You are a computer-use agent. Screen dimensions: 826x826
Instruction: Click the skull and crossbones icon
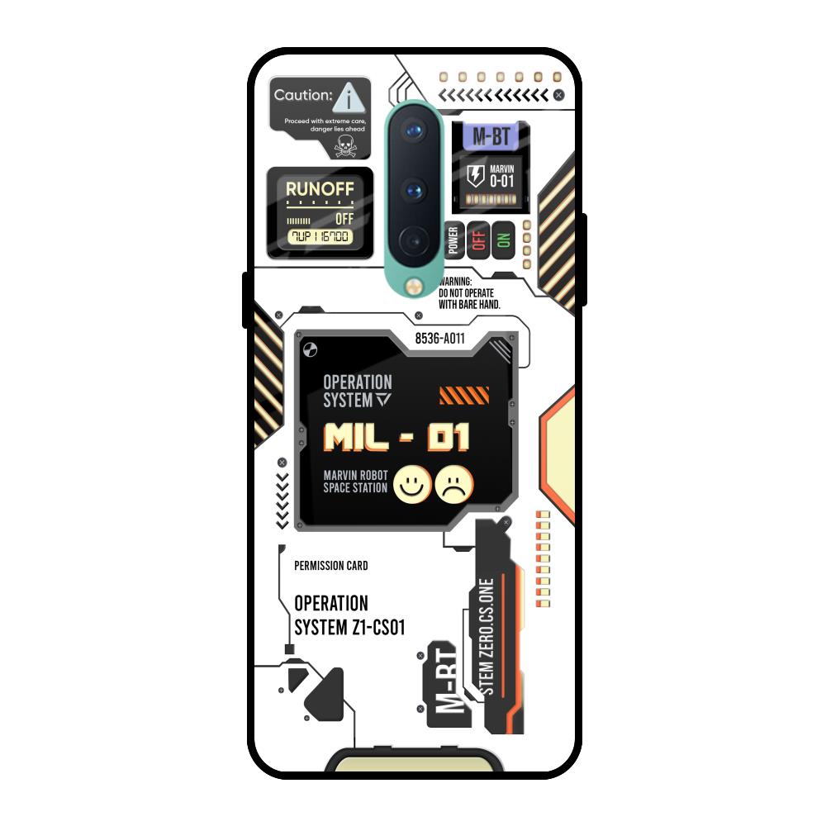point(344,146)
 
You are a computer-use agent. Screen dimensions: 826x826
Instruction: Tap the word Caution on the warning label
point(302,95)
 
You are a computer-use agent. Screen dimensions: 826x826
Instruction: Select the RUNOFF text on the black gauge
point(320,189)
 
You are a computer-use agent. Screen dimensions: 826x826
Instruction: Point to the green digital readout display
point(319,237)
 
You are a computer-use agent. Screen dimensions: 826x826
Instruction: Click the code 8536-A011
point(439,338)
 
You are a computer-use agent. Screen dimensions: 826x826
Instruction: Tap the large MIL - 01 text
point(396,437)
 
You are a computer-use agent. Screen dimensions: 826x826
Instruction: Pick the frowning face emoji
point(454,485)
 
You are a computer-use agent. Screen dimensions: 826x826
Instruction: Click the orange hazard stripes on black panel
point(464,395)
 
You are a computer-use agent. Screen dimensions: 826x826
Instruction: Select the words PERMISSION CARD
point(331,566)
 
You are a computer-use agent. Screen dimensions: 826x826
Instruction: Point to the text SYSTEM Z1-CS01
point(350,628)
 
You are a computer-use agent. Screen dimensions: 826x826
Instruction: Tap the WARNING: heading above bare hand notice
point(455,282)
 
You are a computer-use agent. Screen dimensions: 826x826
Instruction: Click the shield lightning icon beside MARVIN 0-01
point(475,175)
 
